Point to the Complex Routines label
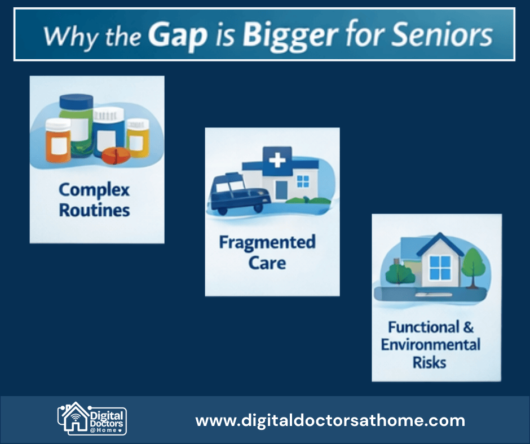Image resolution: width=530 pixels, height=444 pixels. click(94, 200)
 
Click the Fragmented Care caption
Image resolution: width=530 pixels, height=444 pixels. click(267, 252)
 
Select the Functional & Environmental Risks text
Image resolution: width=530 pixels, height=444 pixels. click(430, 344)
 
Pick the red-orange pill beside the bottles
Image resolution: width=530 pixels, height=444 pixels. click(116, 156)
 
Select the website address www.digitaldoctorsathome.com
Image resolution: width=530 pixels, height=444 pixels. click(330, 420)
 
